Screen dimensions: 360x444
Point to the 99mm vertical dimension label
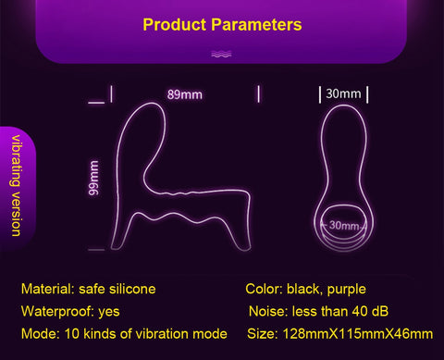94,177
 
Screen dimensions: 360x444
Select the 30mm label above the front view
344,93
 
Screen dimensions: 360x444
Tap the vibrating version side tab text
16,184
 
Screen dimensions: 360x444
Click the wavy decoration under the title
221,55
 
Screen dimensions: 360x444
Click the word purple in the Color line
349,289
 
